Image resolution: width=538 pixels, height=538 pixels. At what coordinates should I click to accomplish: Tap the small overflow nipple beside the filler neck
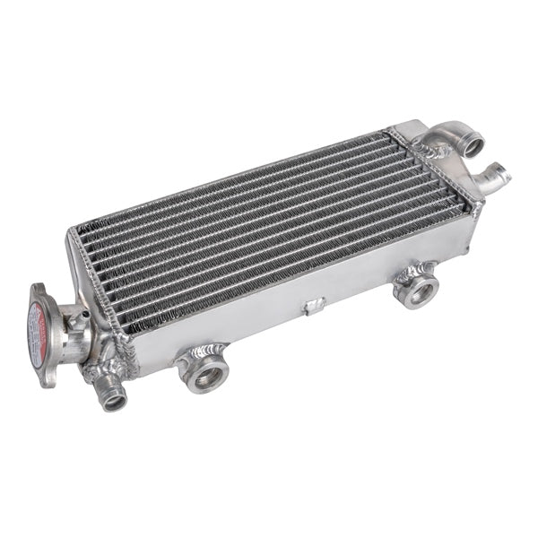[x=85, y=313]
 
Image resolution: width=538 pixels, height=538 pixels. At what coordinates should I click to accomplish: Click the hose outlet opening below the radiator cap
[x=114, y=401]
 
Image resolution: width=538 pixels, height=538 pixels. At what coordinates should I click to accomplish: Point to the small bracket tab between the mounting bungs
[x=313, y=307]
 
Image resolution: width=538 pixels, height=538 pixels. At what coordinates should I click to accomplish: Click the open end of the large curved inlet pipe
[x=465, y=143]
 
